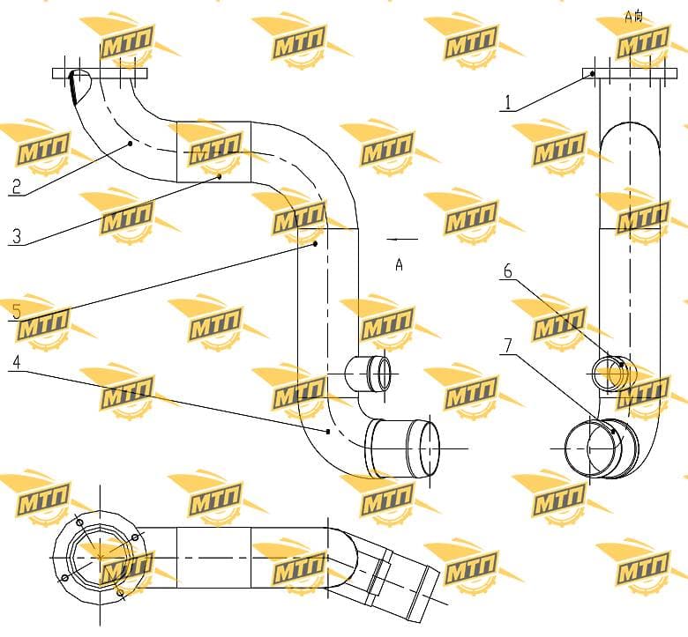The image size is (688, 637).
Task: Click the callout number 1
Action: [x=508, y=102]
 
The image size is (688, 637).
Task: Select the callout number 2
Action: [x=16, y=186]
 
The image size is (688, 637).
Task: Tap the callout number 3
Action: [x=16, y=236]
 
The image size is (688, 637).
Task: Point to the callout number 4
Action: [x=16, y=362]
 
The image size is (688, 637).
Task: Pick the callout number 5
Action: [x=16, y=312]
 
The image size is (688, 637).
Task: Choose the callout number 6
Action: [x=508, y=271]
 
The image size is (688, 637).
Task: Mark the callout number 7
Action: [x=508, y=346]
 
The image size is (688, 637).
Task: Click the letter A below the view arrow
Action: [x=399, y=264]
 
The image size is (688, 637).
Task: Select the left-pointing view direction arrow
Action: [x=402, y=240]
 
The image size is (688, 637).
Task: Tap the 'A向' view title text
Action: [x=633, y=16]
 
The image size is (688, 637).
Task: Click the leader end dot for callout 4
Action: [x=328, y=432]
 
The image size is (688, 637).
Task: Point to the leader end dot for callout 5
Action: [x=315, y=244]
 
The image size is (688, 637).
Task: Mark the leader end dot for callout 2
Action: [x=130, y=144]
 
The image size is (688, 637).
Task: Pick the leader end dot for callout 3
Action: [x=220, y=176]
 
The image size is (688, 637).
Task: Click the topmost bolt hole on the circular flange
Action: [x=79, y=523]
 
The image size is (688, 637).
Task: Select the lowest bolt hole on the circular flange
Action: [x=121, y=593]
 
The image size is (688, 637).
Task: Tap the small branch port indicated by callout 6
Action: [x=614, y=373]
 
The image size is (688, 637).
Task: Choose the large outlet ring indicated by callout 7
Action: [x=602, y=449]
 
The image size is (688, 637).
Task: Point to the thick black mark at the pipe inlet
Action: [x=73, y=89]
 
